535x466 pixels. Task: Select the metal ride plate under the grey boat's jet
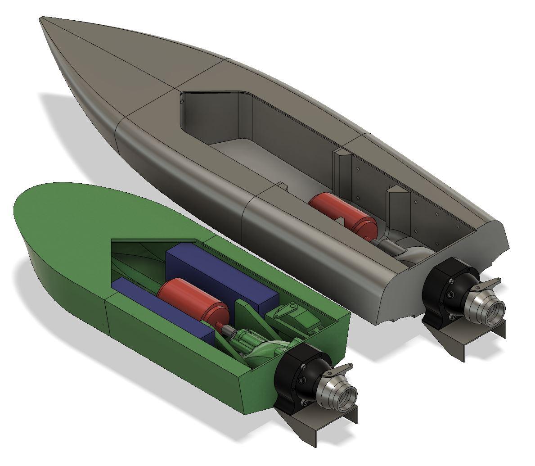point(468,338)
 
